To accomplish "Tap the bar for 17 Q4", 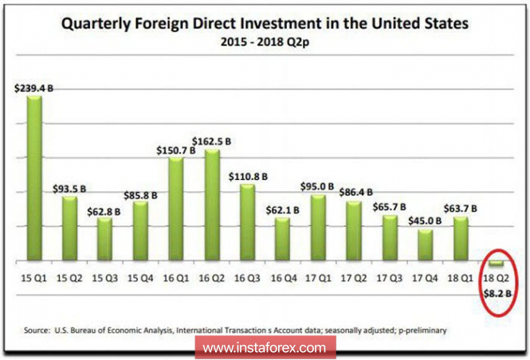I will tap(425, 245).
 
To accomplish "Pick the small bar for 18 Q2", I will tap(497, 264).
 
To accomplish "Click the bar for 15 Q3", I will tap(105, 238).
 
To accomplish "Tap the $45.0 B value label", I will tap(425, 222).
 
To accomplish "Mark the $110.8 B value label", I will tap(249, 175).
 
